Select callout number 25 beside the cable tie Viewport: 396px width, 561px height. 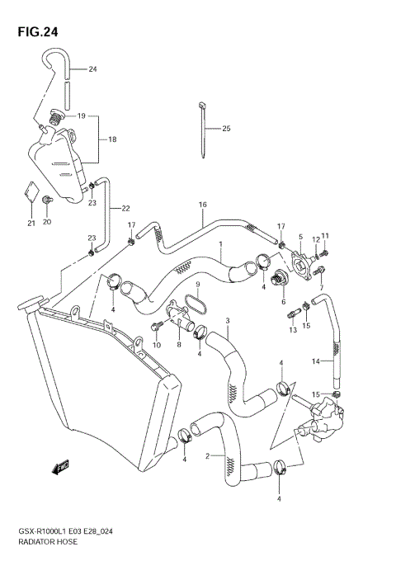(x=226, y=129)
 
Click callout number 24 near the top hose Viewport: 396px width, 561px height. (x=92, y=68)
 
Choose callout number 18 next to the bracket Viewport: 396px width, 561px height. (x=112, y=139)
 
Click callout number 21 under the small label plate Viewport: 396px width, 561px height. (x=31, y=223)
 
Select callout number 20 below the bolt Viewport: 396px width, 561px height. (x=47, y=222)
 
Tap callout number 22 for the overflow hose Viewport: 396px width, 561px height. (x=125, y=208)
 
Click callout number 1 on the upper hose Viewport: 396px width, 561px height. (x=220, y=244)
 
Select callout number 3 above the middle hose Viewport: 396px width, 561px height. (x=227, y=320)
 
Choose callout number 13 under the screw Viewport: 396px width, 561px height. (x=292, y=330)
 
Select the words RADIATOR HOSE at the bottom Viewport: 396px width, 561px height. (x=41, y=546)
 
